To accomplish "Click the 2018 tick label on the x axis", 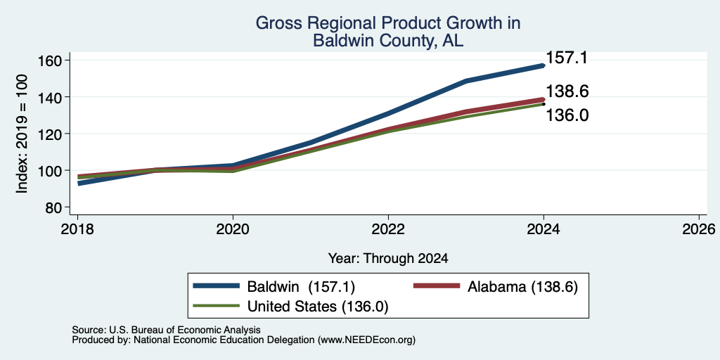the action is [77, 229].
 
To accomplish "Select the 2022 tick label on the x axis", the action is [388, 229].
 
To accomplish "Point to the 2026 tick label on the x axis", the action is [700, 229].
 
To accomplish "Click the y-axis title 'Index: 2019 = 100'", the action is [22, 134].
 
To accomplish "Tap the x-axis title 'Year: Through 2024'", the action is [388, 259].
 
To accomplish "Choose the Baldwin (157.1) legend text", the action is [301, 287].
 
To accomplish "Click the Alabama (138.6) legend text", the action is [522, 287].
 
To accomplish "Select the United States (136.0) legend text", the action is [318, 307].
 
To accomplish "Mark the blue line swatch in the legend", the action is [217, 286].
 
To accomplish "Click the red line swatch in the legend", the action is [437, 286].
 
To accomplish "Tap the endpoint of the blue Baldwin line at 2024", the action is [544, 65].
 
